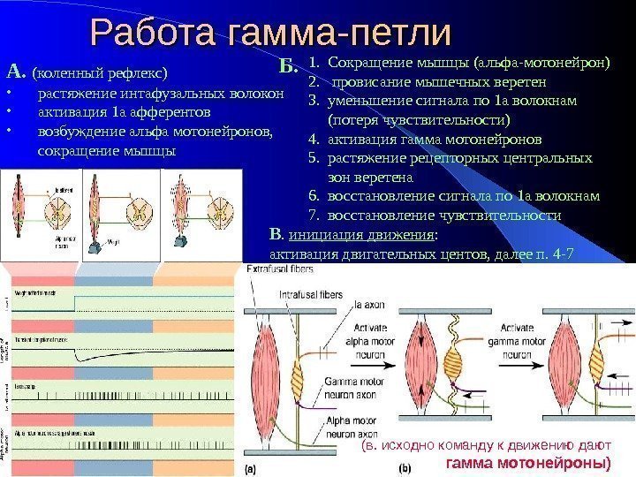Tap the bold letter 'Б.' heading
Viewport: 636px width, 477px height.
pyautogui.click(x=288, y=65)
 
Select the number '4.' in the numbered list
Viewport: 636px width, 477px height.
pyautogui.click(x=314, y=139)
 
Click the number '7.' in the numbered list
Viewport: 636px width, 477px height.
pyautogui.click(x=314, y=215)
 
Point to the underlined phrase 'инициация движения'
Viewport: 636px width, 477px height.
pyautogui.click(x=361, y=236)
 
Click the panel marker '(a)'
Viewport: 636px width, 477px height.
pyautogui.click(x=251, y=467)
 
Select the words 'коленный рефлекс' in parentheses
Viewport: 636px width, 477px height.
pyautogui.click(x=99, y=72)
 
